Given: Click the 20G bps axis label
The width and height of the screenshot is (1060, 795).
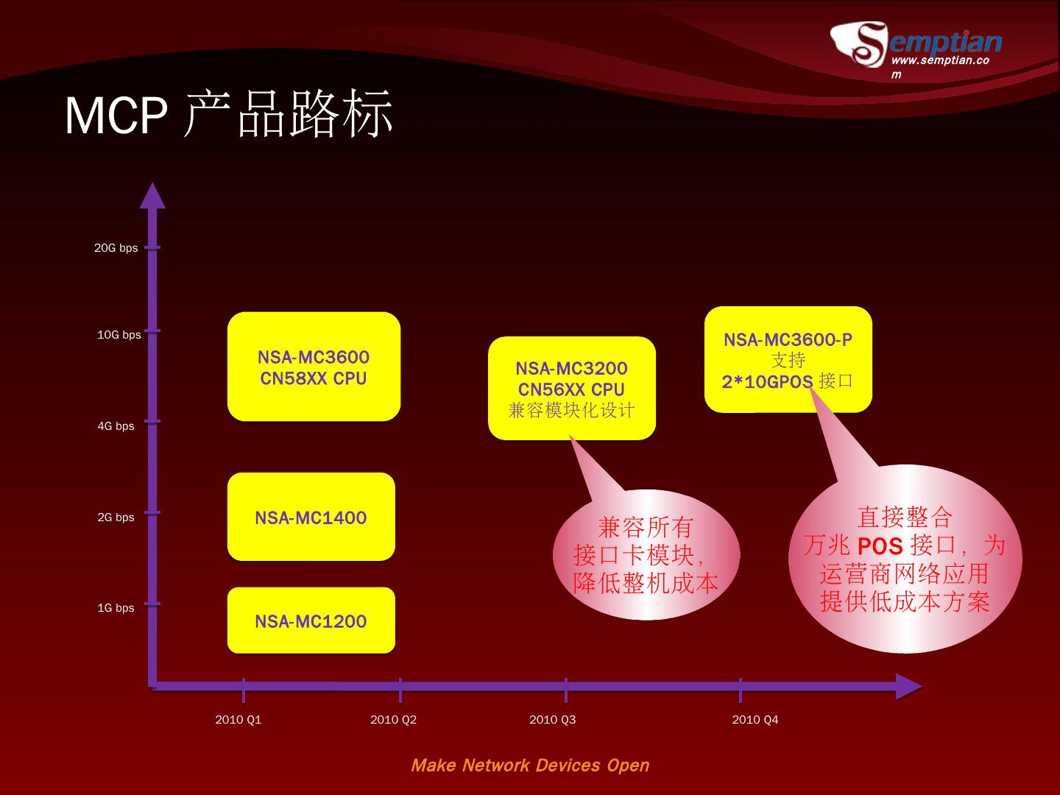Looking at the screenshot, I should click(x=116, y=248).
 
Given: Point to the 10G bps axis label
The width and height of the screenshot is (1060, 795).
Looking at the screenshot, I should click(x=119, y=335).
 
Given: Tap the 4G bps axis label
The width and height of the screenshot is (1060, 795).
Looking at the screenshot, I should click(x=116, y=426).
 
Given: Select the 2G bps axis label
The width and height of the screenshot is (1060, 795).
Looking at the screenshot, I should click(x=116, y=517).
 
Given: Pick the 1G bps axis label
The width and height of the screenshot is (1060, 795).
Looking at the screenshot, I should click(x=116, y=608).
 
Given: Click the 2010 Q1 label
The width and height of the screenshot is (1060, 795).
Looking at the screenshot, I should click(x=238, y=720).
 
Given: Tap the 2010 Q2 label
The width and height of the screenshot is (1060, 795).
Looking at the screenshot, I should click(x=393, y=720).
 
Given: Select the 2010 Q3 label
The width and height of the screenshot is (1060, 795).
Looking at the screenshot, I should click(x=552, y=720).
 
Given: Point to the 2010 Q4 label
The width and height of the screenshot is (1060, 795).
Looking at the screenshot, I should click(x=755, y=720).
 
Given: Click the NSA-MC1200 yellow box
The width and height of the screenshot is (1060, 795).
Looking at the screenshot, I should click(x=311, y=621).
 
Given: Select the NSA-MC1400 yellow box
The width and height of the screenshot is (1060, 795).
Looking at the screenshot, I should click(x=311, y=517).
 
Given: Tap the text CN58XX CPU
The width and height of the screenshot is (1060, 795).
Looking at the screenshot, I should click(x=313, y=378).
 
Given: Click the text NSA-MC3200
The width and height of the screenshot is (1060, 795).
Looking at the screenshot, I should click(x=571, y=368).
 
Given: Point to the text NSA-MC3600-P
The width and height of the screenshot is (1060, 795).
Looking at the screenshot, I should click(x=788, y=339).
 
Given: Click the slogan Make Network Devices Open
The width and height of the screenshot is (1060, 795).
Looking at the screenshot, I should click(x=530, y=766).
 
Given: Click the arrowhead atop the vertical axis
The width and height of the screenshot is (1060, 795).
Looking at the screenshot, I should click(x=152, y=195).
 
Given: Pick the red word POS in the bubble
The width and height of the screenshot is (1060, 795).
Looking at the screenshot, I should click(x=880, y=546).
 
